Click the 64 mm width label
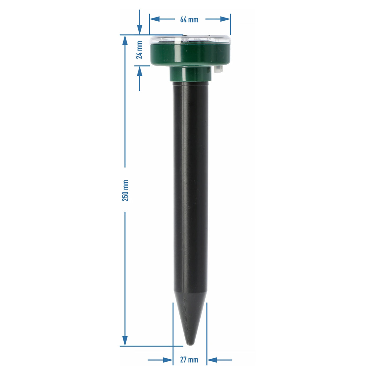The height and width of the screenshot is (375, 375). coord(189,19)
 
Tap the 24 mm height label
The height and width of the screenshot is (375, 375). coord(139,50)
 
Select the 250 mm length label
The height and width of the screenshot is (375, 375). coord(125,190)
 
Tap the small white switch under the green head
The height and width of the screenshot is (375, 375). coord(218,69)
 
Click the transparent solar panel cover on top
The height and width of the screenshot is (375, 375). coord(190,40)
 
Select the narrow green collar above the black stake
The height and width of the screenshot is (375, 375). coord(190,74)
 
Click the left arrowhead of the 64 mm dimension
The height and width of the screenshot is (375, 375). coord(154,19)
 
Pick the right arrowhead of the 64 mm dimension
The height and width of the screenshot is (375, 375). coord(225,19)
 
